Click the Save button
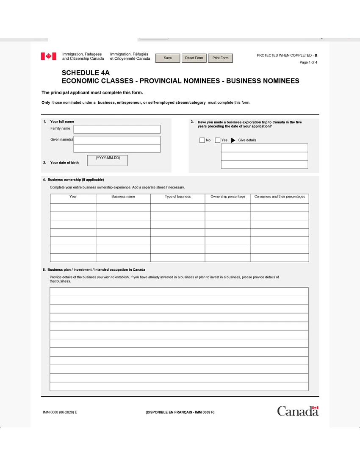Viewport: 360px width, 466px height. click(168, 58)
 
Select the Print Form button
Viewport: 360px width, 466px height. click(220, 58)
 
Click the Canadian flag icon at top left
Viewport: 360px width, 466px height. click(48, 56)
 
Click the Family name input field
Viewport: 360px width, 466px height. click(117, 129)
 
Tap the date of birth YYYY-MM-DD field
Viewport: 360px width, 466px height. click(107, 161)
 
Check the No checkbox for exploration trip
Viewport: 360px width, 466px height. click(202, 140)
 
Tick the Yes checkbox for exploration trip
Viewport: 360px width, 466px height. click(218, 140)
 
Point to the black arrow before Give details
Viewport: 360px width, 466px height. click(233, 140)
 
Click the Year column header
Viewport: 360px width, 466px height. click(73, 197)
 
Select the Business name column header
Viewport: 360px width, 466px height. click(123, 197)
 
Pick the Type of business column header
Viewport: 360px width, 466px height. click(178, 197)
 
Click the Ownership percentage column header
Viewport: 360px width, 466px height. click(228, 197)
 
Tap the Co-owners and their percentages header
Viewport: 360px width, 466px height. click(280, 197)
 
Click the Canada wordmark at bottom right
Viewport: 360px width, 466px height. click(298, 411)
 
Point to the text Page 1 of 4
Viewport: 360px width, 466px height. click(308, 63)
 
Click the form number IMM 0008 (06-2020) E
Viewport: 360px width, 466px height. click(60, 412)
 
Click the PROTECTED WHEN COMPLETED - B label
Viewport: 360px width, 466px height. click(287, 55)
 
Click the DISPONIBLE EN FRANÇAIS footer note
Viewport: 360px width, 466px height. click(180, 412)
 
